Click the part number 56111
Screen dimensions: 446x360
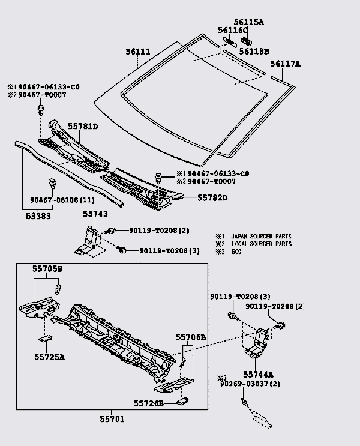pyautogui.click(x=139, y=52)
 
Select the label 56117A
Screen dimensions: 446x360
pyautogui.click(x=285, y=64)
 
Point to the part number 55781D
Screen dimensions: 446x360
pyautogui.click(x=83, y=126)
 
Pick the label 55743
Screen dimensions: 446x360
pyautogui.click(x=95, y=214)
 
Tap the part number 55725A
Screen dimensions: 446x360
pyautogui.click(x=49, y=357)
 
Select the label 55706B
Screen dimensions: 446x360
pyautogui.click(x=191, y=338)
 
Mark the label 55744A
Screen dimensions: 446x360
pyautogui.click(x=259, y=373)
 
